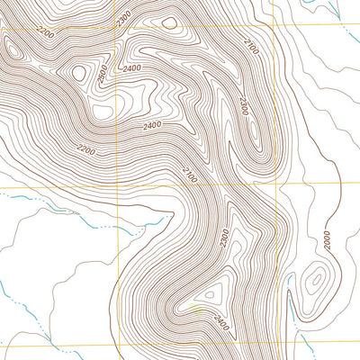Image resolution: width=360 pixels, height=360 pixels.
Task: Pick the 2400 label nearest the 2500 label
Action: click(x=132, y=67)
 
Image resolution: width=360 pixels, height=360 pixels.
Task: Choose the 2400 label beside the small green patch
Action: click(x=221, y=318)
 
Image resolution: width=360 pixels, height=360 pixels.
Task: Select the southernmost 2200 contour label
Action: click(x=86, y=148)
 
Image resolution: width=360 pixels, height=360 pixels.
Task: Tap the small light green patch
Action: click(x=196, y=310)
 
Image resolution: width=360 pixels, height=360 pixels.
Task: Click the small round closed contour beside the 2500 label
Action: click(x=79, y=73)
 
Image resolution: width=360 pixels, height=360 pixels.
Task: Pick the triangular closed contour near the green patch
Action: click(x=211, y=292)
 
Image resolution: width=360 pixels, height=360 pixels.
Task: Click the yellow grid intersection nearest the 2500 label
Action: click(x=117, y=30)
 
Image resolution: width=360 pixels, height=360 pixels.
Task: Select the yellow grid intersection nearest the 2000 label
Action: click(x=274, y=186)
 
